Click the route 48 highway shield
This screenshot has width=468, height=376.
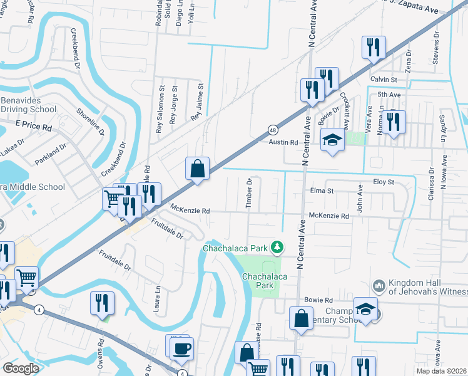pyautogui.click(x=273, y=130)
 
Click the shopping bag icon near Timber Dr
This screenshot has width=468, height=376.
pyautogui.click(x=197, y=169)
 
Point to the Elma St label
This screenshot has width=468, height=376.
pyautogui.click(x=322, y=191)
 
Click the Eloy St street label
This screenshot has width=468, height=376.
pyautogui.click(x=383, y=182)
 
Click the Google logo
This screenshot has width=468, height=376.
pyautogui.click(x=21, y=368)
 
